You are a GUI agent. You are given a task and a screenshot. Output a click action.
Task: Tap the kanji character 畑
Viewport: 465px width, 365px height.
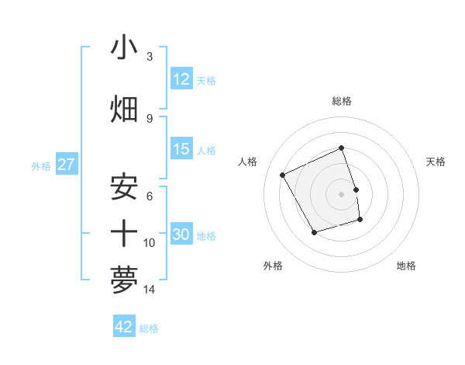point(124,108)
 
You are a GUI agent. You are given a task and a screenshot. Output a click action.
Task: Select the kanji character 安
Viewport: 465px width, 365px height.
point(124,186)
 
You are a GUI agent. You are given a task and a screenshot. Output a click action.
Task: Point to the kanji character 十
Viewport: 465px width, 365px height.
point(124,232)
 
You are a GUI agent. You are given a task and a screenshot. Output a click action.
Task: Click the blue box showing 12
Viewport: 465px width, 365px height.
point(181,79)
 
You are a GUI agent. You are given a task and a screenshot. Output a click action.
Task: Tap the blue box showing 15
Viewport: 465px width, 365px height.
point(181,149)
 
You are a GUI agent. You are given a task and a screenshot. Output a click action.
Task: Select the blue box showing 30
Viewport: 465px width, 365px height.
point(181,235)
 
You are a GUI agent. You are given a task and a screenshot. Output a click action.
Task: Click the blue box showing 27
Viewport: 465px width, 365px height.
point(66,165)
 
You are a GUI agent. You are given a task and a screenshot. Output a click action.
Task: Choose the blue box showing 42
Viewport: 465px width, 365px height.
point(124,327)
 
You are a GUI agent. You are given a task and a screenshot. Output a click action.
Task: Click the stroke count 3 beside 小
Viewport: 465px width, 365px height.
point(149,57)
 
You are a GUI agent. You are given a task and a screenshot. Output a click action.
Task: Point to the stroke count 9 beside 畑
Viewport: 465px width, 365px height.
point(149,118)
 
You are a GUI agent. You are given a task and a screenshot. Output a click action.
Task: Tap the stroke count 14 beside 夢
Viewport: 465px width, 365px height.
point(149,290)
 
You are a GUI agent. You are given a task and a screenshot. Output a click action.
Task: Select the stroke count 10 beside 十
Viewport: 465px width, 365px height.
point(149,243)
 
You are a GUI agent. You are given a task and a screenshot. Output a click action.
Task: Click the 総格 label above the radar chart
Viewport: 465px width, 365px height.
point(342,101)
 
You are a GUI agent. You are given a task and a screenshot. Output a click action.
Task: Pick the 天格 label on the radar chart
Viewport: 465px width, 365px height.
point(436,162)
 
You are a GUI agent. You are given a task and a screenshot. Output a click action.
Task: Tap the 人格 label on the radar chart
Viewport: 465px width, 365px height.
point(248,162)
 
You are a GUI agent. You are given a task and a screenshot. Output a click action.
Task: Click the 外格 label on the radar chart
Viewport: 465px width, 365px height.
point(273,266)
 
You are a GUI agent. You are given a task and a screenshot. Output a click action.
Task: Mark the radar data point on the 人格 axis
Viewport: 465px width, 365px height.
point(283,176)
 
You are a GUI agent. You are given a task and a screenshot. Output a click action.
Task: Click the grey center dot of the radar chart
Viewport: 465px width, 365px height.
point(342,193)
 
